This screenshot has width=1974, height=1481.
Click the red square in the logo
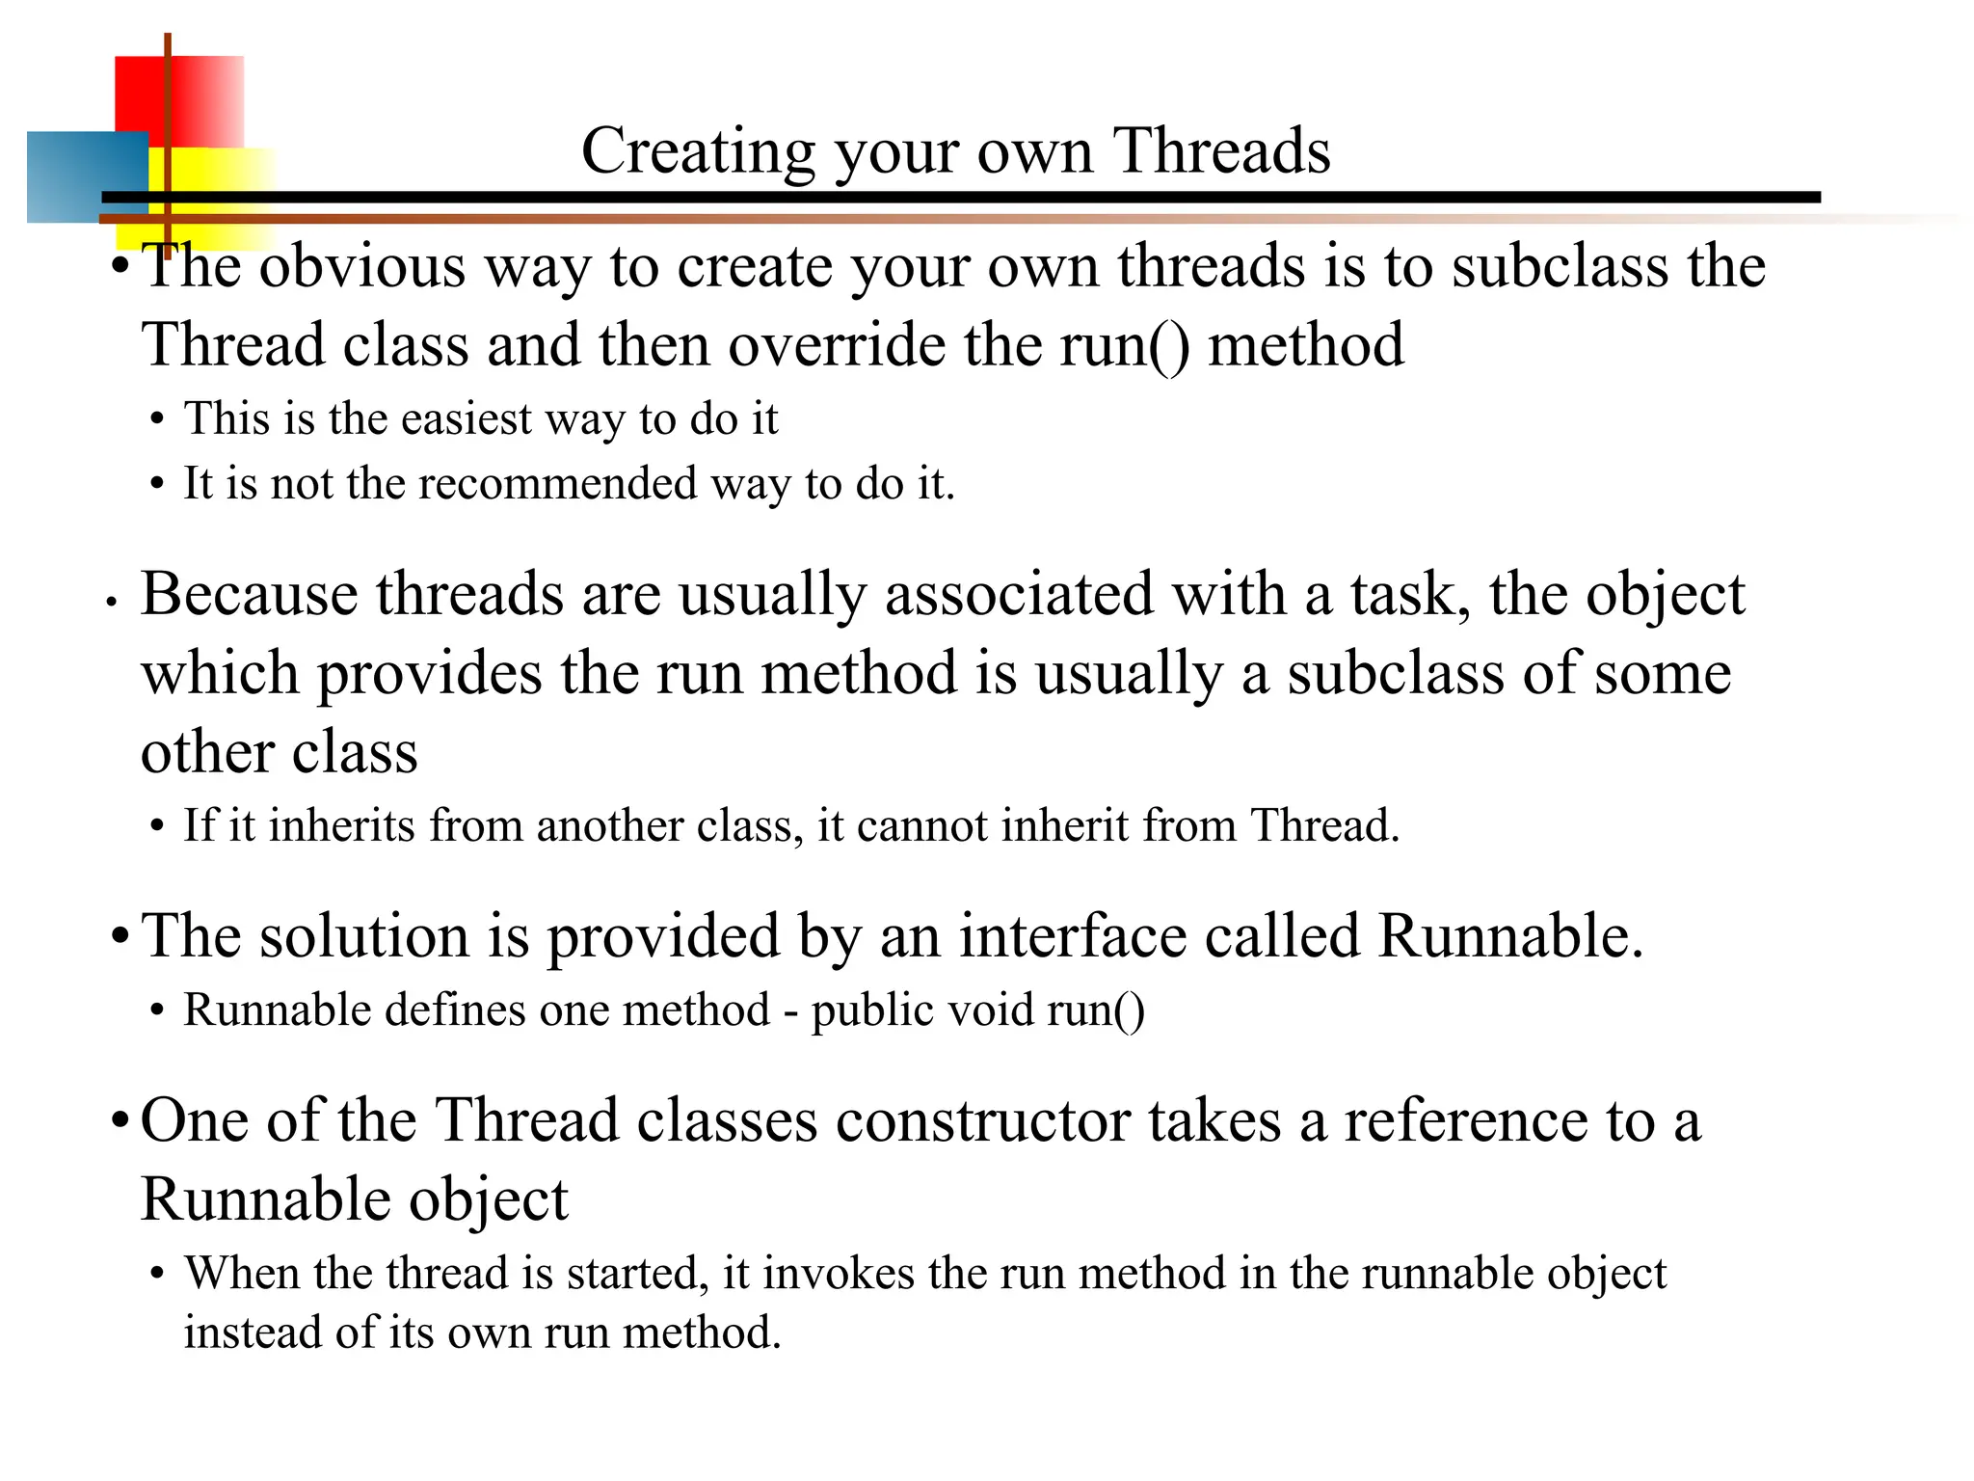[x=193, y=96]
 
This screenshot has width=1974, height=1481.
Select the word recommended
[x=557, y=483]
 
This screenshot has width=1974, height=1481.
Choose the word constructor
[x=983, y=1121]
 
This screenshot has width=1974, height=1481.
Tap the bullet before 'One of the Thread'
[x=120, y=1122]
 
